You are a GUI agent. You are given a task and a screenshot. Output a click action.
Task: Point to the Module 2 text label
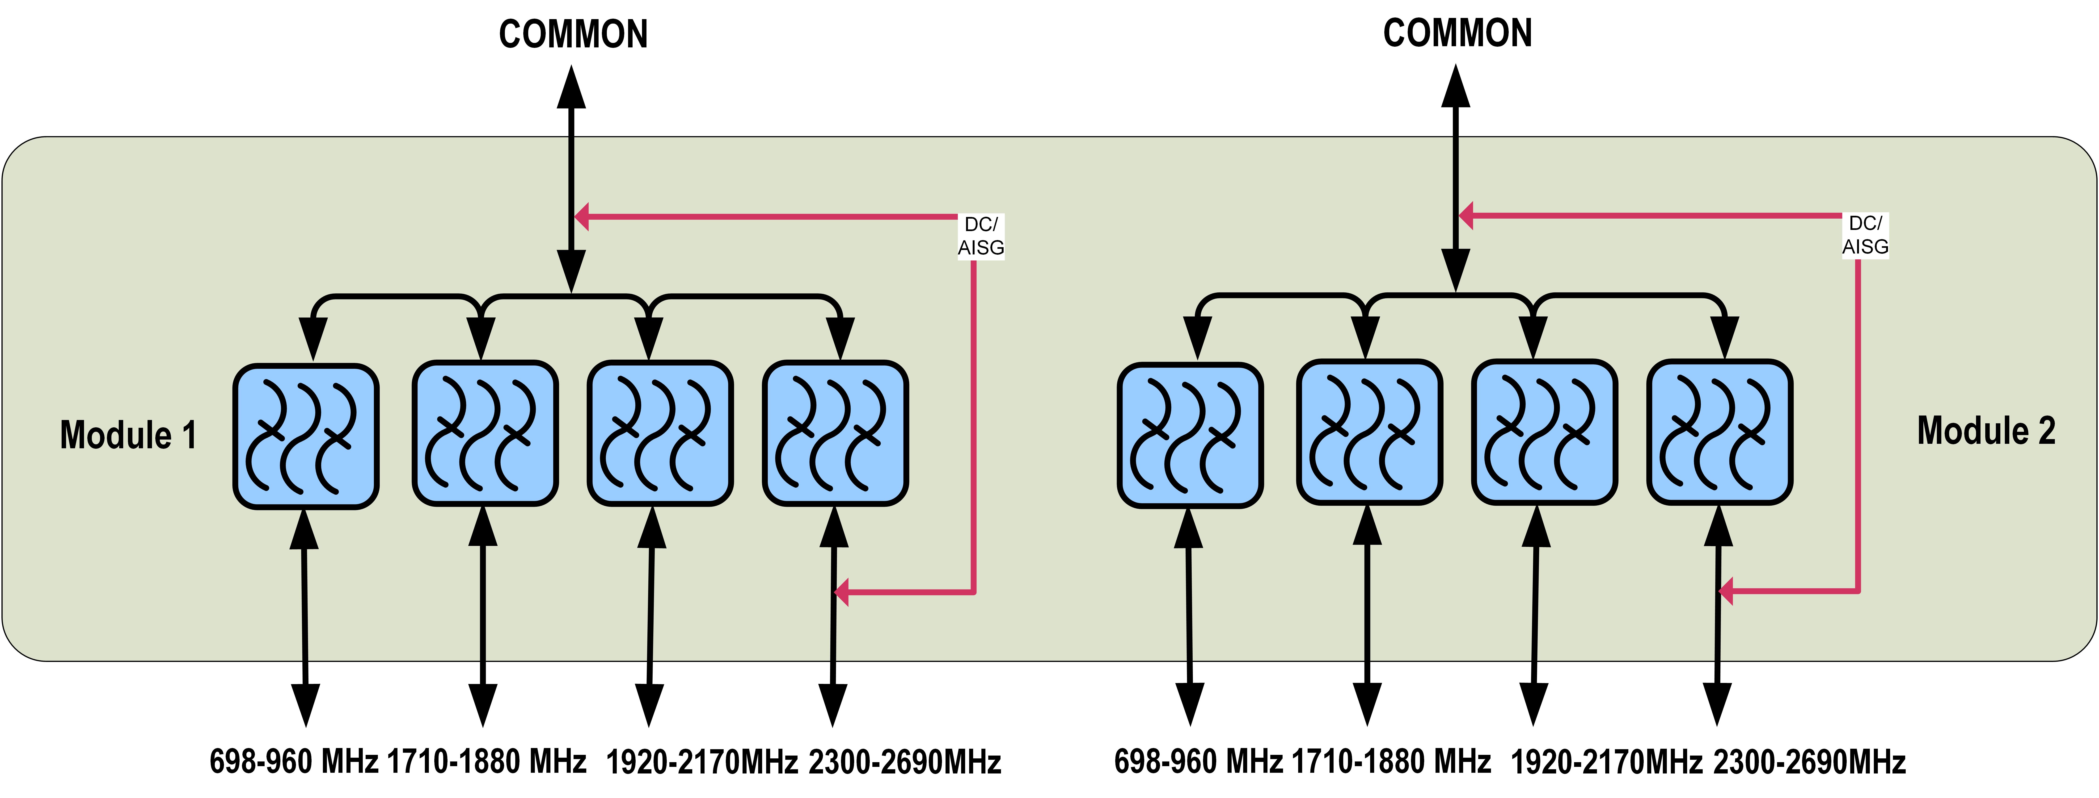[1986, 431]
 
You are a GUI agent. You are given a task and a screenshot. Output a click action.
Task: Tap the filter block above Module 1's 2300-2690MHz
[835, 433]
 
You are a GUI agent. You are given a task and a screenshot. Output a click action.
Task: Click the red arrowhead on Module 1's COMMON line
[582, 217]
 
